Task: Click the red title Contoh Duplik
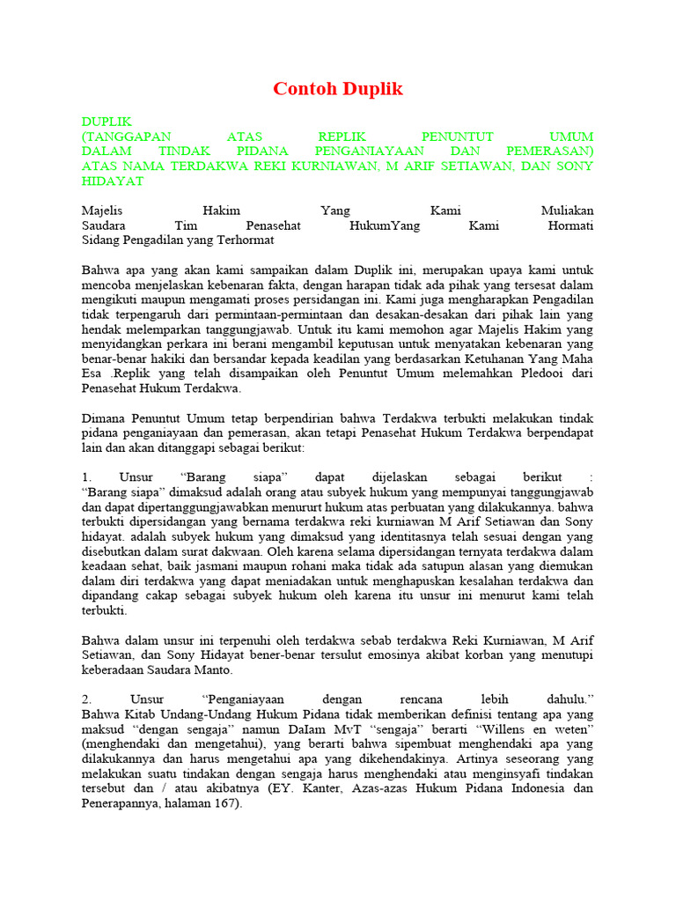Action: pyautogui.click(x=338, y=89)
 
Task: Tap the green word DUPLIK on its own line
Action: pyautogui.click(x=107, y=122)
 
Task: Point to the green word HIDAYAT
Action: pyautogui.click(x=112, y=181)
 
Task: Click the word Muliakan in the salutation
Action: pyautogui.click(x=567, y=211)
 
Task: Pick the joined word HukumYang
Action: pyautogui.click(x=385, y=225)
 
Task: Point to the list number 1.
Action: pyautogui.click(x=85, y=477)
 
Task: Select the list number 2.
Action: pyautogui.click(x=85, y=699)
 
